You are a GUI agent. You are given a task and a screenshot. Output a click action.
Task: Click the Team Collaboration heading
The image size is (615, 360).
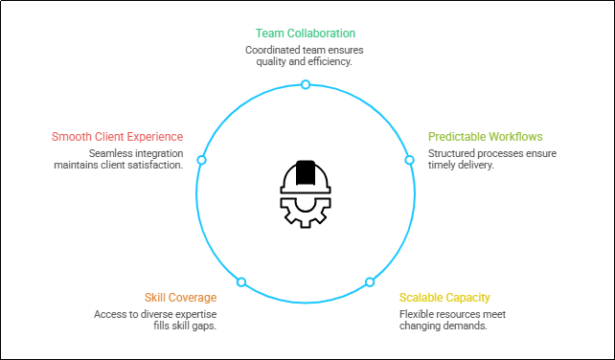(x=305, y=33)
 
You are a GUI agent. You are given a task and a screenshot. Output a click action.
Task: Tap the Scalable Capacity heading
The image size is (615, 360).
(x=444, y=298)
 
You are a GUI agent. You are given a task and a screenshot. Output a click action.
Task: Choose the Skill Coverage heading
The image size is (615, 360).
(x=180, y=298)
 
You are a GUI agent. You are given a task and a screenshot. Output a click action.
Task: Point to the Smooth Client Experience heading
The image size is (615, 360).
(x=118, y=136)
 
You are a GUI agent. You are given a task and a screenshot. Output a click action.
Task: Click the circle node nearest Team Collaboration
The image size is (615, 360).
(x=306, y=84)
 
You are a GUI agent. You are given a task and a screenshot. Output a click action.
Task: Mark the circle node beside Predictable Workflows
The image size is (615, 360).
(x=409, y=160)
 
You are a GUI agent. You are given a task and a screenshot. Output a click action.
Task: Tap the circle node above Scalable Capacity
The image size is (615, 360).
(x=370, y=282)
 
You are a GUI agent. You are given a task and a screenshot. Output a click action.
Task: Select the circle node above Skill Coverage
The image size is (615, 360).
(x=241, y=282)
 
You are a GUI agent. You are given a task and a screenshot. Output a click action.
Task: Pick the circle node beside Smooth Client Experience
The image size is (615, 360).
(x=201, y=160)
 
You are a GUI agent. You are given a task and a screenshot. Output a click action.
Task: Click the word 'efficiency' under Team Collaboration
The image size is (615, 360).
(x=331, y=61)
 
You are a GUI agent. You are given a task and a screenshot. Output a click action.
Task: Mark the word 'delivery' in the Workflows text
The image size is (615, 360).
(x=475, y=165)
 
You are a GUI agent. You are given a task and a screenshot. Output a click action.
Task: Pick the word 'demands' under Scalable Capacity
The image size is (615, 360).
(x=467, y=326)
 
